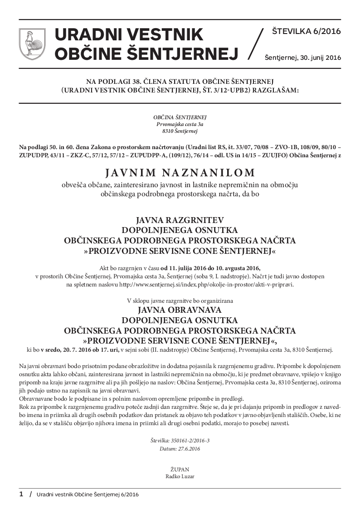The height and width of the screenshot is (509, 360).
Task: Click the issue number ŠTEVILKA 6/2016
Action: pyautogui.click(x=306, y=31)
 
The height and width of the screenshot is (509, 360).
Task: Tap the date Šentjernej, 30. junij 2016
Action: pyautogui.click(x=302, y=58)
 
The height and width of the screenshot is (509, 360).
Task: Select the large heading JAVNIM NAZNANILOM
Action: pyautogui.click(x=180, y=172)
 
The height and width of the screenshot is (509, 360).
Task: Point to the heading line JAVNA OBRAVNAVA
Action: pyautogui.click(x=180, y=310)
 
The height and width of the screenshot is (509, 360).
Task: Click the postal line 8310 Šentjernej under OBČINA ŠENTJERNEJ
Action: pyautogui.click(x=180, y=131)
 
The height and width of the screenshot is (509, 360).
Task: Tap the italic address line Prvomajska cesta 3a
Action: pyautogui.click(x=180, y=124)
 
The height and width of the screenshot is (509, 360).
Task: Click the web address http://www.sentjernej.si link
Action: pyautogui.click(x=206, y=285)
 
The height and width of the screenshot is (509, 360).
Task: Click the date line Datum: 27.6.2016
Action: pyautogui.click(x=180, y=449)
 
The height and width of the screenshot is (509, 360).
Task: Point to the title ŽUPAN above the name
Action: pyautogui.click(x=180, y=470)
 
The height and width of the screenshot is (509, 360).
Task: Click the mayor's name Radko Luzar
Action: pyautogui.click(x=180, y=476)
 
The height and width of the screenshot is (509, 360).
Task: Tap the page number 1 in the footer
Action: pyautogui.click(x=21, y=494)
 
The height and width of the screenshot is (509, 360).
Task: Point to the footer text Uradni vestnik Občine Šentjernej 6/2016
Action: pyautogui.click(x=88, y=494)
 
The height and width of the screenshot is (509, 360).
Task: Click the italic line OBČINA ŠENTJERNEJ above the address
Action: pyautogui.click(x=180, y=117)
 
